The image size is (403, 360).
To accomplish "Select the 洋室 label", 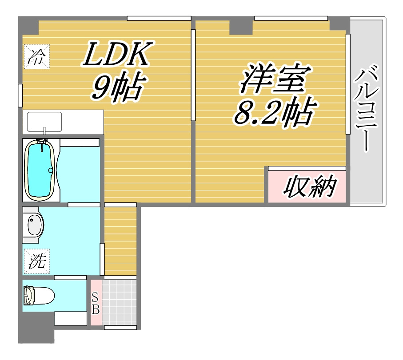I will [x=273, y=79].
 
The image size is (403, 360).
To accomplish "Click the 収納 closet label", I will [x=309, y=187].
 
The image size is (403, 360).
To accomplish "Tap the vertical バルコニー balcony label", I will [x=367, y=109].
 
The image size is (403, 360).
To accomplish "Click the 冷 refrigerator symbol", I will [x=36, y=57].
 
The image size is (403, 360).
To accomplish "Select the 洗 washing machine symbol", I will [x=36, y=261].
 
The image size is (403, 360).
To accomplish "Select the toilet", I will [x=39, y=295].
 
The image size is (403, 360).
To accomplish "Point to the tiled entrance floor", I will [x=119, y=302].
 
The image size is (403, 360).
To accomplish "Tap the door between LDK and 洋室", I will [x=193, y=75].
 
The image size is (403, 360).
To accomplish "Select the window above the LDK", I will [x=159, y=18].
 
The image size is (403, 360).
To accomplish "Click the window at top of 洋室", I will [x=291, y=18].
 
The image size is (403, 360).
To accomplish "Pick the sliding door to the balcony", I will [x=348, y=84].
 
